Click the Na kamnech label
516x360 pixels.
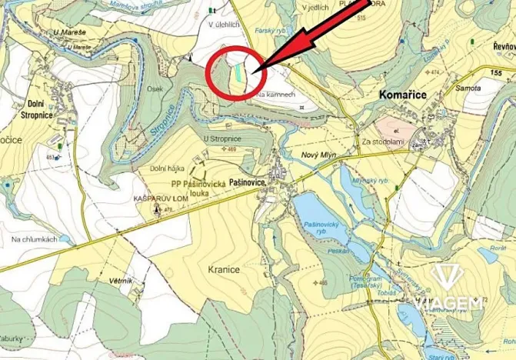[277, 94]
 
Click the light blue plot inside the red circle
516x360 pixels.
[240, 72]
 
